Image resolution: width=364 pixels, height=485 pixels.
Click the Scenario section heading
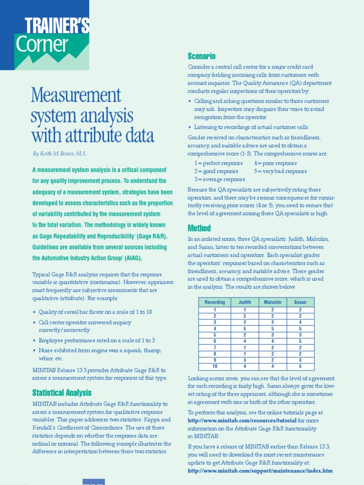[x=201, y=56]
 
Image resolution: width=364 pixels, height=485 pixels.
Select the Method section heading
[x=199, y=228]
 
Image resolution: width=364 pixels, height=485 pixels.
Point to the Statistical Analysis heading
[x=62, y=393]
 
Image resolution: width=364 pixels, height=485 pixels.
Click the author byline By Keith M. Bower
[x=60, y=153]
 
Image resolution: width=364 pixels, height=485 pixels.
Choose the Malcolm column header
[x=273, y=302]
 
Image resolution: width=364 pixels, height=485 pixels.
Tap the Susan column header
[x=300, y=302]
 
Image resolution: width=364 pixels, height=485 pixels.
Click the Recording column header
[x=215, y=302]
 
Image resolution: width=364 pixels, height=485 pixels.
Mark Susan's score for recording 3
[x=300, y=322]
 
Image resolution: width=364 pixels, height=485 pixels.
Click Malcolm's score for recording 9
[x=273, y=360]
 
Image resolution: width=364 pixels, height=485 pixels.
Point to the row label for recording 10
[x=215, y=366]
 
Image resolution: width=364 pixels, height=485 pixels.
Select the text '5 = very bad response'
[x=280, y=171]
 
